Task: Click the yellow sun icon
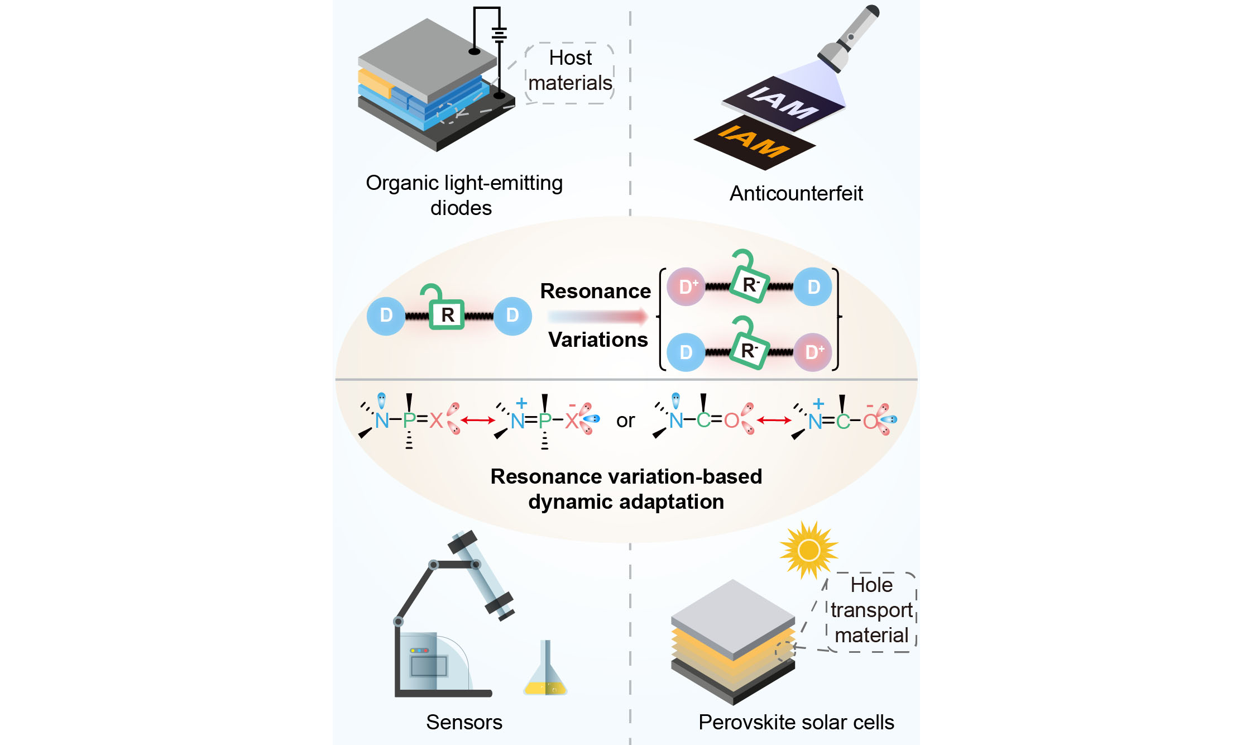click(x=808, y=550)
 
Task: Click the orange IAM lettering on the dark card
click(x=754, y=141)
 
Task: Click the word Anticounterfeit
click(x=796, y=193)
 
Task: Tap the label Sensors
click(x=464, y=722)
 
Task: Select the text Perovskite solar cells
click(x=796, y=722)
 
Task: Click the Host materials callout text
click(x=570, y=70)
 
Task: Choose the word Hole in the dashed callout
click(x=871, y=585)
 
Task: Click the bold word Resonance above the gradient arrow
click(x=596, y=291)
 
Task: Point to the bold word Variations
click(x=598, y=340)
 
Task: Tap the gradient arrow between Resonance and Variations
click(x=597, y=317)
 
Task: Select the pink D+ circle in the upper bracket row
click(x=686, y=286)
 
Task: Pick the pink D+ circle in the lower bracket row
click(x=813, y=352)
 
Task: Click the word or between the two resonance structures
click(x=625, y=421)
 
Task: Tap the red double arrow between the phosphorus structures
click(x=478, y=420)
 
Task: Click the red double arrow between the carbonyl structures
click(x=773, y=420)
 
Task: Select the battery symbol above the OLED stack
click(x=499, y=35)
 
